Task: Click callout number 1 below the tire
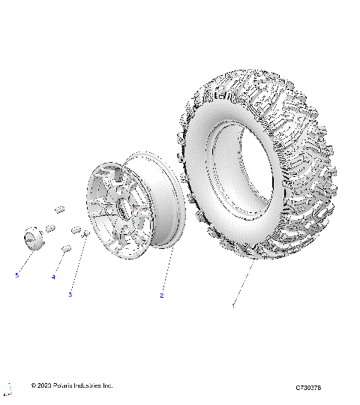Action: pos(233,305)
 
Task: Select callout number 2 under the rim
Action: pos(161,295)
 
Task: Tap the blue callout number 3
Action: pos(70,295)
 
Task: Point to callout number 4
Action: pos(53,277)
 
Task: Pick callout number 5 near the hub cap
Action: pos(16,275)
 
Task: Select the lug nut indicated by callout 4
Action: pos(65,248)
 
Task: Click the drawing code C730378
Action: pos(308,387)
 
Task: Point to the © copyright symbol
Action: pos(34,385)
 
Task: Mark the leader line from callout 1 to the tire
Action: pos(244,281)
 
